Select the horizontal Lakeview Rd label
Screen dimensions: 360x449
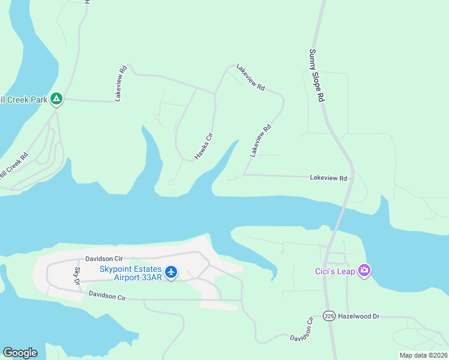click(x=328, y=178)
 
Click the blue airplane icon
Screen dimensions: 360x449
click(x=171, y=272)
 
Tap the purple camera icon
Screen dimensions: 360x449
click(x=364, y=271)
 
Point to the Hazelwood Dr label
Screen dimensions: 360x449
click(x=360, y=316)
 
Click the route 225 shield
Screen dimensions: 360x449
click(x=329, y=316)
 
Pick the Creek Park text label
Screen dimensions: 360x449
click(x=24, y=99)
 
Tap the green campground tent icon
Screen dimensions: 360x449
click(x=56, y=98)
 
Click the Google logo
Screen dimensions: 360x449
click(x=20, y=353)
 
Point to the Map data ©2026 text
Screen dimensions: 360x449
click(x=423, y=355)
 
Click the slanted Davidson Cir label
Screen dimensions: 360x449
click(x=302, y=329)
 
